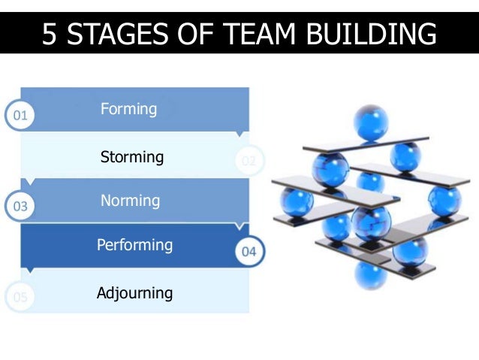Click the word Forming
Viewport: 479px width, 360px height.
click(x=128, y=110)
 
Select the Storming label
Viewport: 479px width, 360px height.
click(x=132, y=157)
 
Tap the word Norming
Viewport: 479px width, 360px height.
click(x=130, y=201)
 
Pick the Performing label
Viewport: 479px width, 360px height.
click(x=134, y=245)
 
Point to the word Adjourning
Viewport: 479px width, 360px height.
click(x=134, y=293)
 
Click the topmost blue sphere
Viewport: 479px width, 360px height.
click(x=372, y=121)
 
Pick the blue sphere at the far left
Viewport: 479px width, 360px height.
click(x=296, y=201)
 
